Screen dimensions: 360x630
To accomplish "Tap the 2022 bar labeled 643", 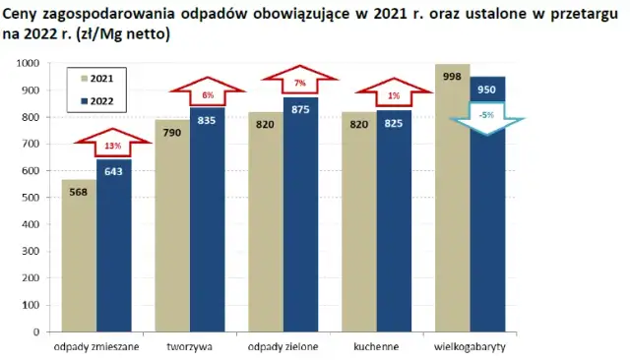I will tap(113, 246).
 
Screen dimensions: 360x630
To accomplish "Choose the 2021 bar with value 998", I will tap(452, 197).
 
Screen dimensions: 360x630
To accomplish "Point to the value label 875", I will tap(300, 109).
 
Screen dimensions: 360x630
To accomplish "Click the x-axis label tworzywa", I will tap(190, 346).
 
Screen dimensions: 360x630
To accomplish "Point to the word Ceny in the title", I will tap(22, 16).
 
